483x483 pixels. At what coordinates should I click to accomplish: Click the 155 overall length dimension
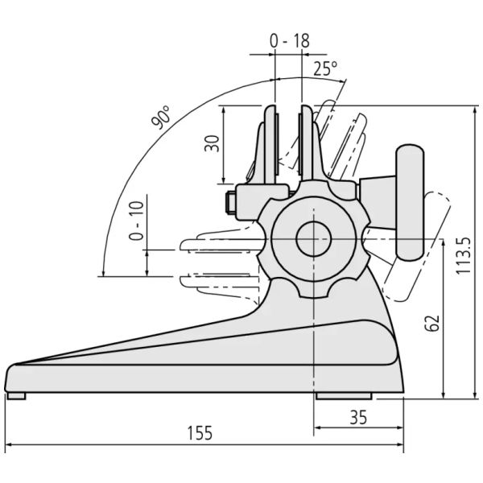200,433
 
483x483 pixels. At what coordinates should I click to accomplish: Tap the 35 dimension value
358,417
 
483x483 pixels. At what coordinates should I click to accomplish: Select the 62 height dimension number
432,323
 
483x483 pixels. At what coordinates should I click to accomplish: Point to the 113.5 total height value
464,255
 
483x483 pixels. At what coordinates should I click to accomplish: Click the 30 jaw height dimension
212,143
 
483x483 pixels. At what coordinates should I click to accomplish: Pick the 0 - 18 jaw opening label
290,41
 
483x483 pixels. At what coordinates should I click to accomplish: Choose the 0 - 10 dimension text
136,221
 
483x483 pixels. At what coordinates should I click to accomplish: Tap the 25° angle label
325,68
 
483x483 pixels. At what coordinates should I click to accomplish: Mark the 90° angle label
160,117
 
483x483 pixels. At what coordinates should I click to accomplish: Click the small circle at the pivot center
314,239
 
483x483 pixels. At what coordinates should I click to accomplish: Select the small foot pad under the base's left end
16,396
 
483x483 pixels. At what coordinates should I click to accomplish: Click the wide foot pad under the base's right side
344,396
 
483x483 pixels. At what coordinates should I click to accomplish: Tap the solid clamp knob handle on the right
410,203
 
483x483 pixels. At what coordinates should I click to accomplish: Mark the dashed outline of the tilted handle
416,246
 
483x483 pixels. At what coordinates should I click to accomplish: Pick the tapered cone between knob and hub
378,202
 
